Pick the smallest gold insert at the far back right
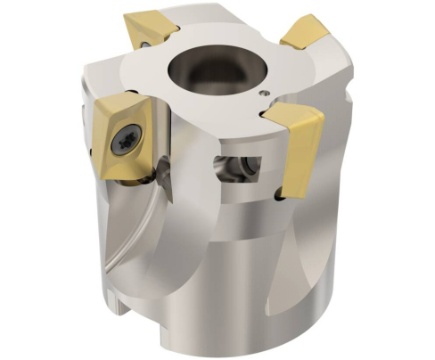tap(304, 33)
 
